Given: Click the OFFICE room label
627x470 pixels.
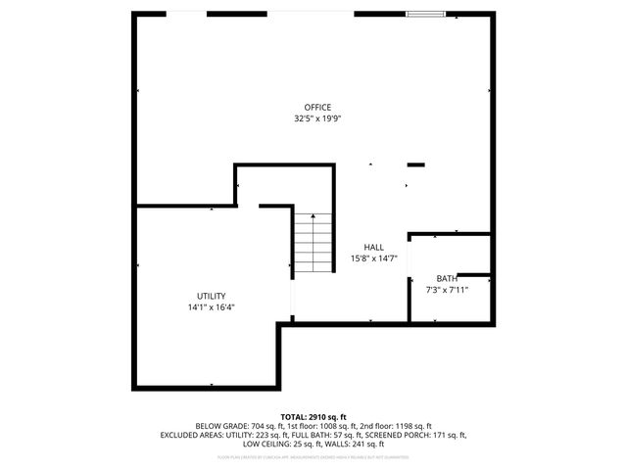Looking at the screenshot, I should [316, 107].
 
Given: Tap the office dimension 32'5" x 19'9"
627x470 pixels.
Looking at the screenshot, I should [316, 117].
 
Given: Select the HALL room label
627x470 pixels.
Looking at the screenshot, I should [373, 248].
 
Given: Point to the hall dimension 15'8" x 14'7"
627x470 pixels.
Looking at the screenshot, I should [373, 258].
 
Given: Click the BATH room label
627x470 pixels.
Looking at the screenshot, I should [447, 278].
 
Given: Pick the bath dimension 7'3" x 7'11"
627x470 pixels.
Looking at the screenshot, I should [447, 289].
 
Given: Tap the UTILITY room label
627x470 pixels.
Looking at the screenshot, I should [211, 296].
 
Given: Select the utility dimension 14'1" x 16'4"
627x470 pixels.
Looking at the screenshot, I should [211, 306].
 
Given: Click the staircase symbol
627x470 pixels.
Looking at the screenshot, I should [313, 245].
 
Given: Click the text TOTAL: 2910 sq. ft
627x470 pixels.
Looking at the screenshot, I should [313, 417].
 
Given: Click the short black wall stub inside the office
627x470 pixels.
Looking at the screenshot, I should [416, 164].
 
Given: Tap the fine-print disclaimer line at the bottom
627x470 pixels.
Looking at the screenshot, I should [313, 456].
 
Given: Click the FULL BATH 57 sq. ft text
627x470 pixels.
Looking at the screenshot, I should [331, 435].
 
